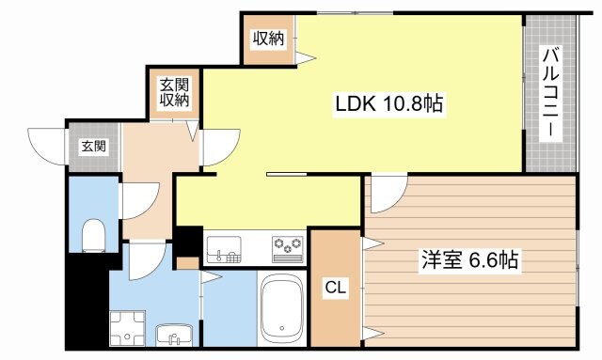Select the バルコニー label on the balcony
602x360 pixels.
550,93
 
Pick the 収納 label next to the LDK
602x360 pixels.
267,39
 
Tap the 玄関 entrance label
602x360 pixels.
92,146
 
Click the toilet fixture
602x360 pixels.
93,235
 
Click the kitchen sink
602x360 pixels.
224,247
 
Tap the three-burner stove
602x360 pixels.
288,246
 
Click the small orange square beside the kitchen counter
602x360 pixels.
187,263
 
